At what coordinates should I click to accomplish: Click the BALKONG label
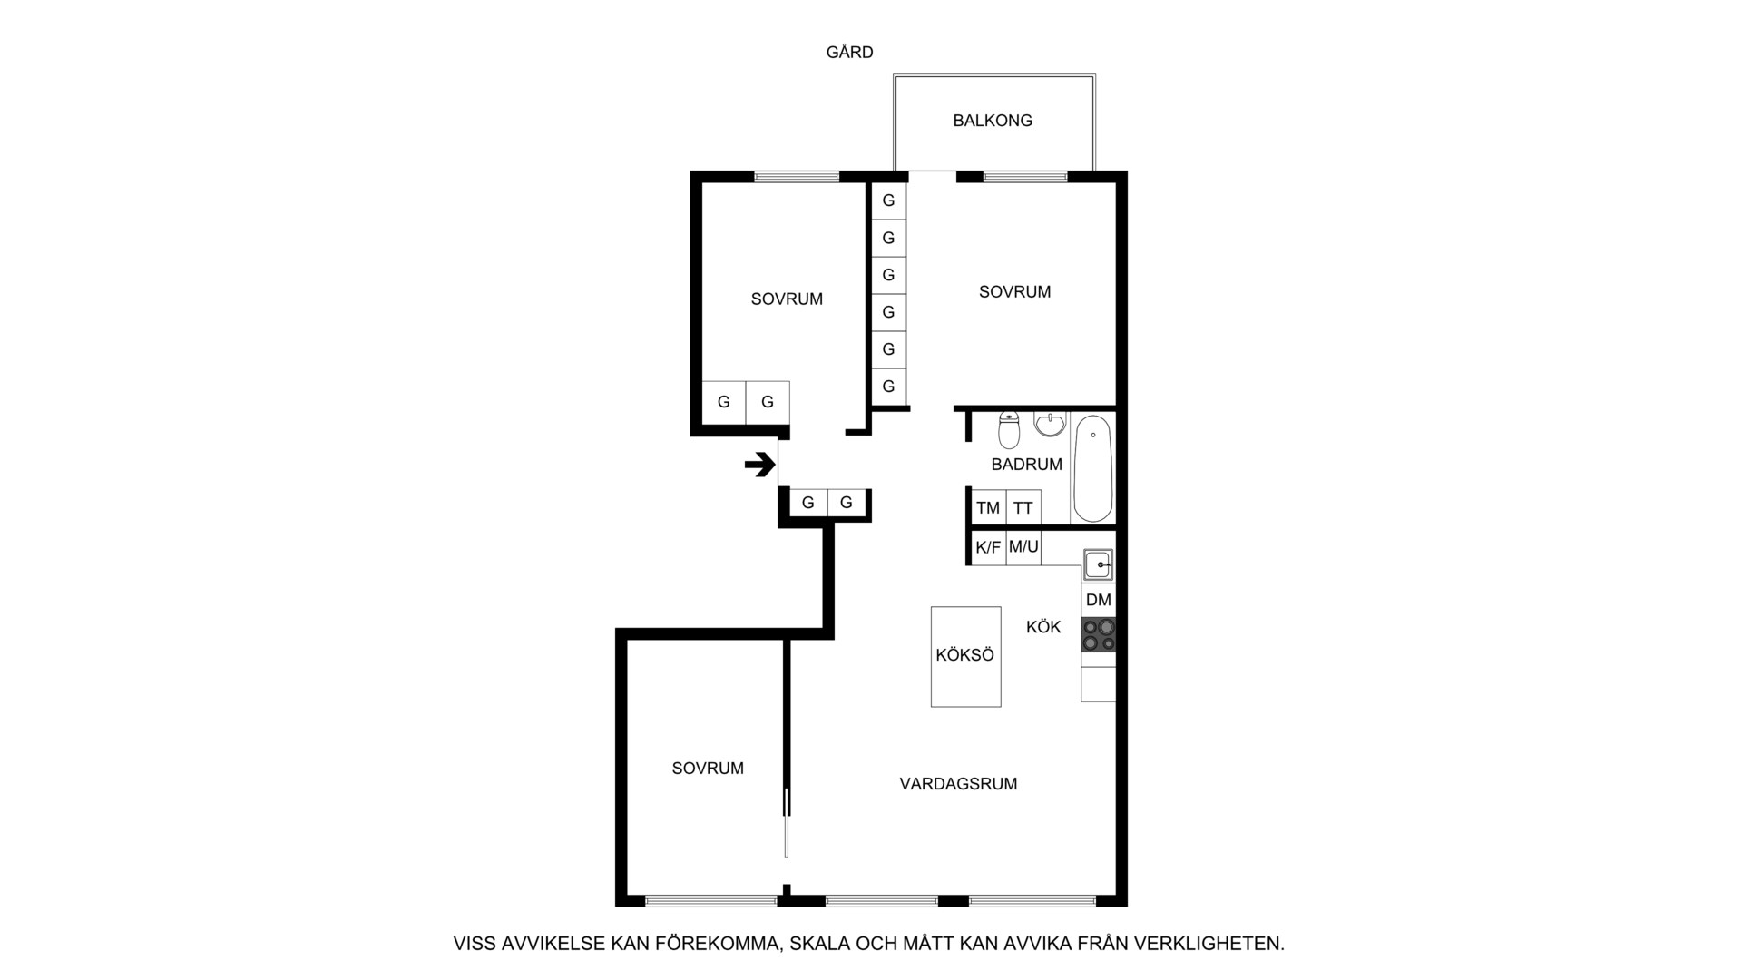coord(993,121)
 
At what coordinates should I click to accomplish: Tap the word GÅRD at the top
coord(849,53)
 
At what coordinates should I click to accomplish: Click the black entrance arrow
coord(760,465)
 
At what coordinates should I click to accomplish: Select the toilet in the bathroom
coord(1009,430)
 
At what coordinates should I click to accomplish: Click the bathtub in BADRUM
coord(1092,469)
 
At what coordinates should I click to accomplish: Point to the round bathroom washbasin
coord(1050,424)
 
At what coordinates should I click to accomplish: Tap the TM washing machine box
coord(988,508)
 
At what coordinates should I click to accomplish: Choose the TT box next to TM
coord(1023,508)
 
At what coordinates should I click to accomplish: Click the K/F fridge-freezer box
coord(988,547)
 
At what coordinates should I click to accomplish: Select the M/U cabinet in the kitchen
coord(1023,547)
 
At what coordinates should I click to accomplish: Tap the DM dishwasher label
coord(1098,600)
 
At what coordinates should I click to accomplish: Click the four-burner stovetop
coord(1098,634)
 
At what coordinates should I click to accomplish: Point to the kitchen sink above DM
coord(1099,565)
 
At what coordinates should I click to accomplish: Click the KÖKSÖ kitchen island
coord(965,656)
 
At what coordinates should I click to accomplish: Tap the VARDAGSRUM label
coord(958,784)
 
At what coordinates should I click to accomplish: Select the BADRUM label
coord(1026,465)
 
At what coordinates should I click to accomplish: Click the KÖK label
coord(1043,627)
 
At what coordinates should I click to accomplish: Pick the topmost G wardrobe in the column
coord(888,201)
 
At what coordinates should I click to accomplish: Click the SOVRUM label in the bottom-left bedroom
coord(708,769)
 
